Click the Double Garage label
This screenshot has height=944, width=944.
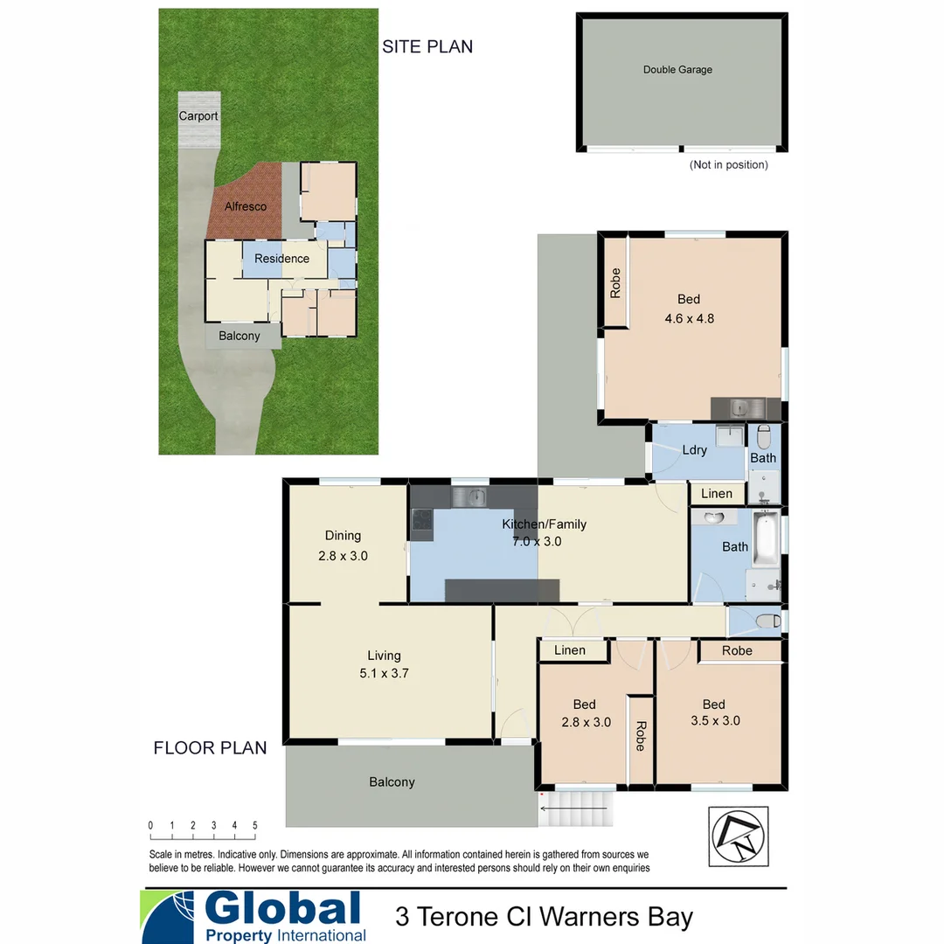677,70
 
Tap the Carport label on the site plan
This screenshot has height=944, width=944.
198,116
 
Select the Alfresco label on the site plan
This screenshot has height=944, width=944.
246,207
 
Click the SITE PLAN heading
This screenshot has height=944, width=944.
427,47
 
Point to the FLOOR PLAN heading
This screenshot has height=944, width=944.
210,748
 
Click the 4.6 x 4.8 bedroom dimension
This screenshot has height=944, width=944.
689,319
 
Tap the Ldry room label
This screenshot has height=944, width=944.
694,450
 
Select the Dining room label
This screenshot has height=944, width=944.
343,536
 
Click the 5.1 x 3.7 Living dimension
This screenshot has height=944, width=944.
384,674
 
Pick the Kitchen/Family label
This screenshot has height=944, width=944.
544,524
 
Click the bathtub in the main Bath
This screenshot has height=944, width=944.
766,540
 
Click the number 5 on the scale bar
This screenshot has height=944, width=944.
255,825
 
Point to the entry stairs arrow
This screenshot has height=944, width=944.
573,809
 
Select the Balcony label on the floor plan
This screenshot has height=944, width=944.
392,782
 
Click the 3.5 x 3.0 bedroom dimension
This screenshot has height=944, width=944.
713,722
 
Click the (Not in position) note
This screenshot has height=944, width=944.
728,165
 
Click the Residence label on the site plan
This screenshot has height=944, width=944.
281,259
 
